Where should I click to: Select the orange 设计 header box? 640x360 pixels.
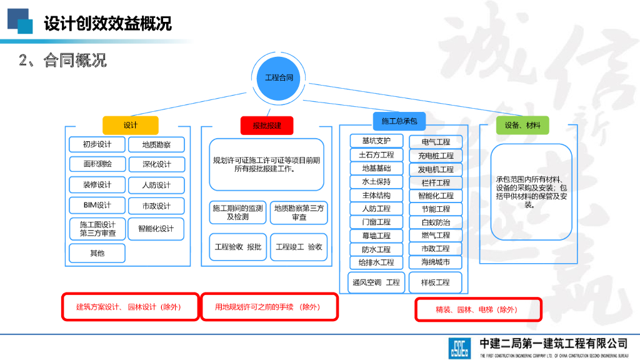pos(131,125)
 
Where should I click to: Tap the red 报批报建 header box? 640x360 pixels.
pos(267,125)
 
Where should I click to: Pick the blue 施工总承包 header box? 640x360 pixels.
pos(399,121)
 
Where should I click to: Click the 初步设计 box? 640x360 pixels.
pos(97,145)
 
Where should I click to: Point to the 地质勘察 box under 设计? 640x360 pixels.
pos(156,145)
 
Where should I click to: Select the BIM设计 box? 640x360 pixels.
pos(97,205)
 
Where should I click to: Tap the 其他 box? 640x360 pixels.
pos(97,253)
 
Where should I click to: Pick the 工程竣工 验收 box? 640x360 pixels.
pos(299,247)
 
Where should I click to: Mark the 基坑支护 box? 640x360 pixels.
pos(376,141)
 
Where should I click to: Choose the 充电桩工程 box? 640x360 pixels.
pos(436,155)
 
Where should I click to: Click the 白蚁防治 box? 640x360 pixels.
pos(436,222)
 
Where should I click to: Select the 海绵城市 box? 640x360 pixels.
pos(436,262)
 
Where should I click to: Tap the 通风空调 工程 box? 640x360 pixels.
pos(376,282)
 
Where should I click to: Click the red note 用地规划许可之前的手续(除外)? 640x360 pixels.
pos(268,307)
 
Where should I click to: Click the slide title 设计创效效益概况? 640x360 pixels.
pos(107,24)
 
